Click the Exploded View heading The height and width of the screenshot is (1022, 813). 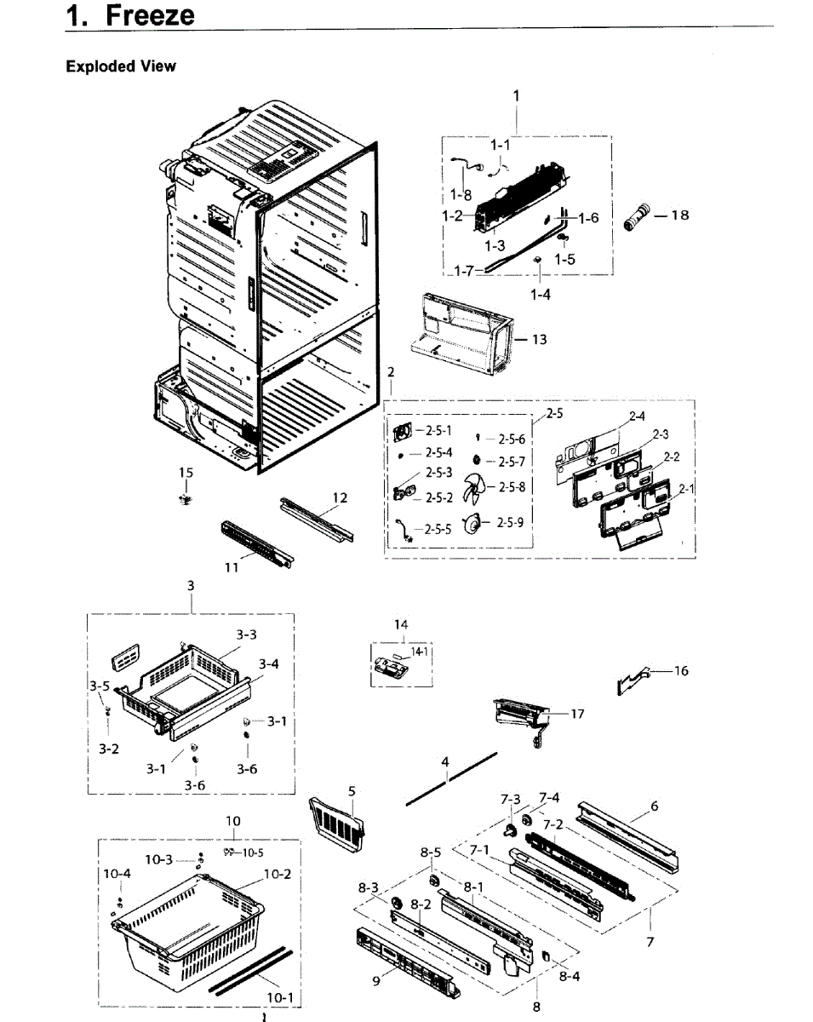click(121, 66)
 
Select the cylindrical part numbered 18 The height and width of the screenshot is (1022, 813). click(638, 216)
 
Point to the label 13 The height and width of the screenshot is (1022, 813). click(539, 339)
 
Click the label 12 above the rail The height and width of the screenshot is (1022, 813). click(340, 497)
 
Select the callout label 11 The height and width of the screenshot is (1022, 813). click(231, 568)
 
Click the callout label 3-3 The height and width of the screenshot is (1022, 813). click(246, 634)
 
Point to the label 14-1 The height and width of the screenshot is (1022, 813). click(419, 652)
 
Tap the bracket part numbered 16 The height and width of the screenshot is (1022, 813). click(632, 677)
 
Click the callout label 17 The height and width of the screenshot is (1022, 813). click(577, 714)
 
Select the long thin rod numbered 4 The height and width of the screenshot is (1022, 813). click(451, 778)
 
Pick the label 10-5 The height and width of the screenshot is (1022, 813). click(249, 853)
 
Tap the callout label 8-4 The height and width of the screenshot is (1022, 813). click(570, 977)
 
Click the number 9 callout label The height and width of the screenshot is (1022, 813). click(375, 980)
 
